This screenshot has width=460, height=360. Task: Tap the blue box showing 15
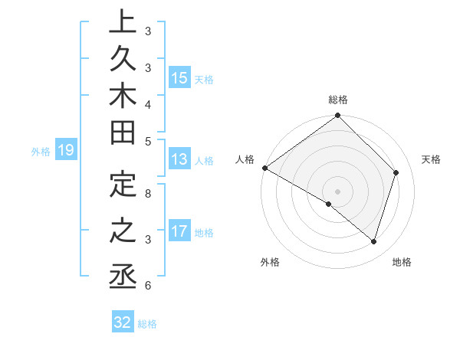pyautogui.click(x=179, y=78)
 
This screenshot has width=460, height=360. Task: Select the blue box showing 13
pyautogui.click(x=179, y=160)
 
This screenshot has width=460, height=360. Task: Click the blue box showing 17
pyautogui.click(x=179, y=231)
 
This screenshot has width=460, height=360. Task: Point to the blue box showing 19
pyautogui.click(x=65, y=151)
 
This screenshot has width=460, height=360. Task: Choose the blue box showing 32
pyautogui.click(x=123, y=322)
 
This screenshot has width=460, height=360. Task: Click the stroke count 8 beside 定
pyautogui.click(x=148, y=193)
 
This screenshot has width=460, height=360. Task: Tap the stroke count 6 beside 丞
pyautogui.click(x=148, y=286)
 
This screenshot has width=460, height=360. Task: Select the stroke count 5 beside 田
pyautogui.click(x=148, y=140)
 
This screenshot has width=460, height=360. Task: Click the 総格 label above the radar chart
pyautogui.click(x=338, y=100)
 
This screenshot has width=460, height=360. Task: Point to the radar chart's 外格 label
pyautogui.click(x=270, y=262)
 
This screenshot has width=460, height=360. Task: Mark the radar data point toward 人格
pyautogui.click(x=264, y=168)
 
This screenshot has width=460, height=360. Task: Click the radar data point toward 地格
pyautogui.click(x=373, y=241)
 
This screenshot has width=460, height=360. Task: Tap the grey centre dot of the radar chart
pyautogui.click(x=338, y=191)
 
